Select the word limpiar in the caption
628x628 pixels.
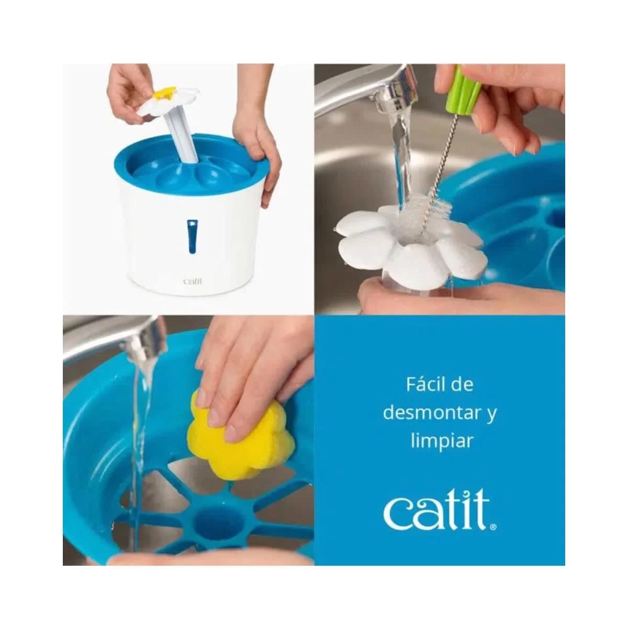tap(440, 441)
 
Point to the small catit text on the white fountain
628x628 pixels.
tap(193, 281)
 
